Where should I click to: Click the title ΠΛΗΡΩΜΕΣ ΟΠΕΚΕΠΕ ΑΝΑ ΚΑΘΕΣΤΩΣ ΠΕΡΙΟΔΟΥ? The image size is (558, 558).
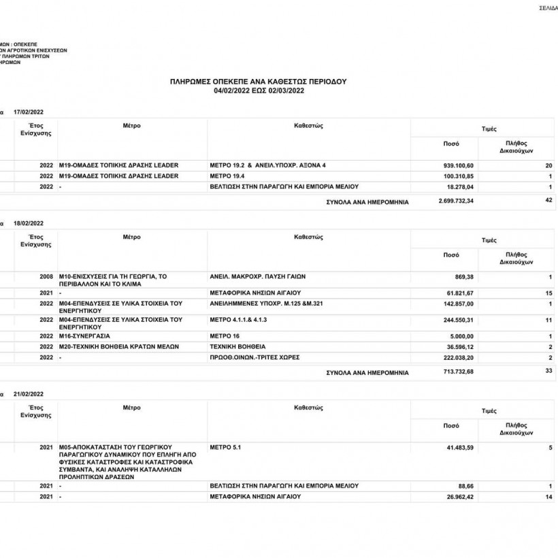coord(259,82)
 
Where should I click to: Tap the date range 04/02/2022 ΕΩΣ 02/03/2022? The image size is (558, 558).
coord(259,90)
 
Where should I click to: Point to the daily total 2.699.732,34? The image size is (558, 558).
coord(456,201)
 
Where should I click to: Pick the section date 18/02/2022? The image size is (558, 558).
coord(29,223)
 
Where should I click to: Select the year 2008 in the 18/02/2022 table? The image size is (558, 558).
coord(46,277)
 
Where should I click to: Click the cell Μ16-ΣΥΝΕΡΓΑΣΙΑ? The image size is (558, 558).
coord(84,336)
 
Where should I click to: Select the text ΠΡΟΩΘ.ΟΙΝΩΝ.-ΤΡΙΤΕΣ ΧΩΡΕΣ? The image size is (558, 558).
coord(255,357)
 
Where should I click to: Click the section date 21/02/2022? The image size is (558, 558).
coord(29,394)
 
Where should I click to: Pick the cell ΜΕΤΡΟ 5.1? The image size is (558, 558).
coord(226,448)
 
